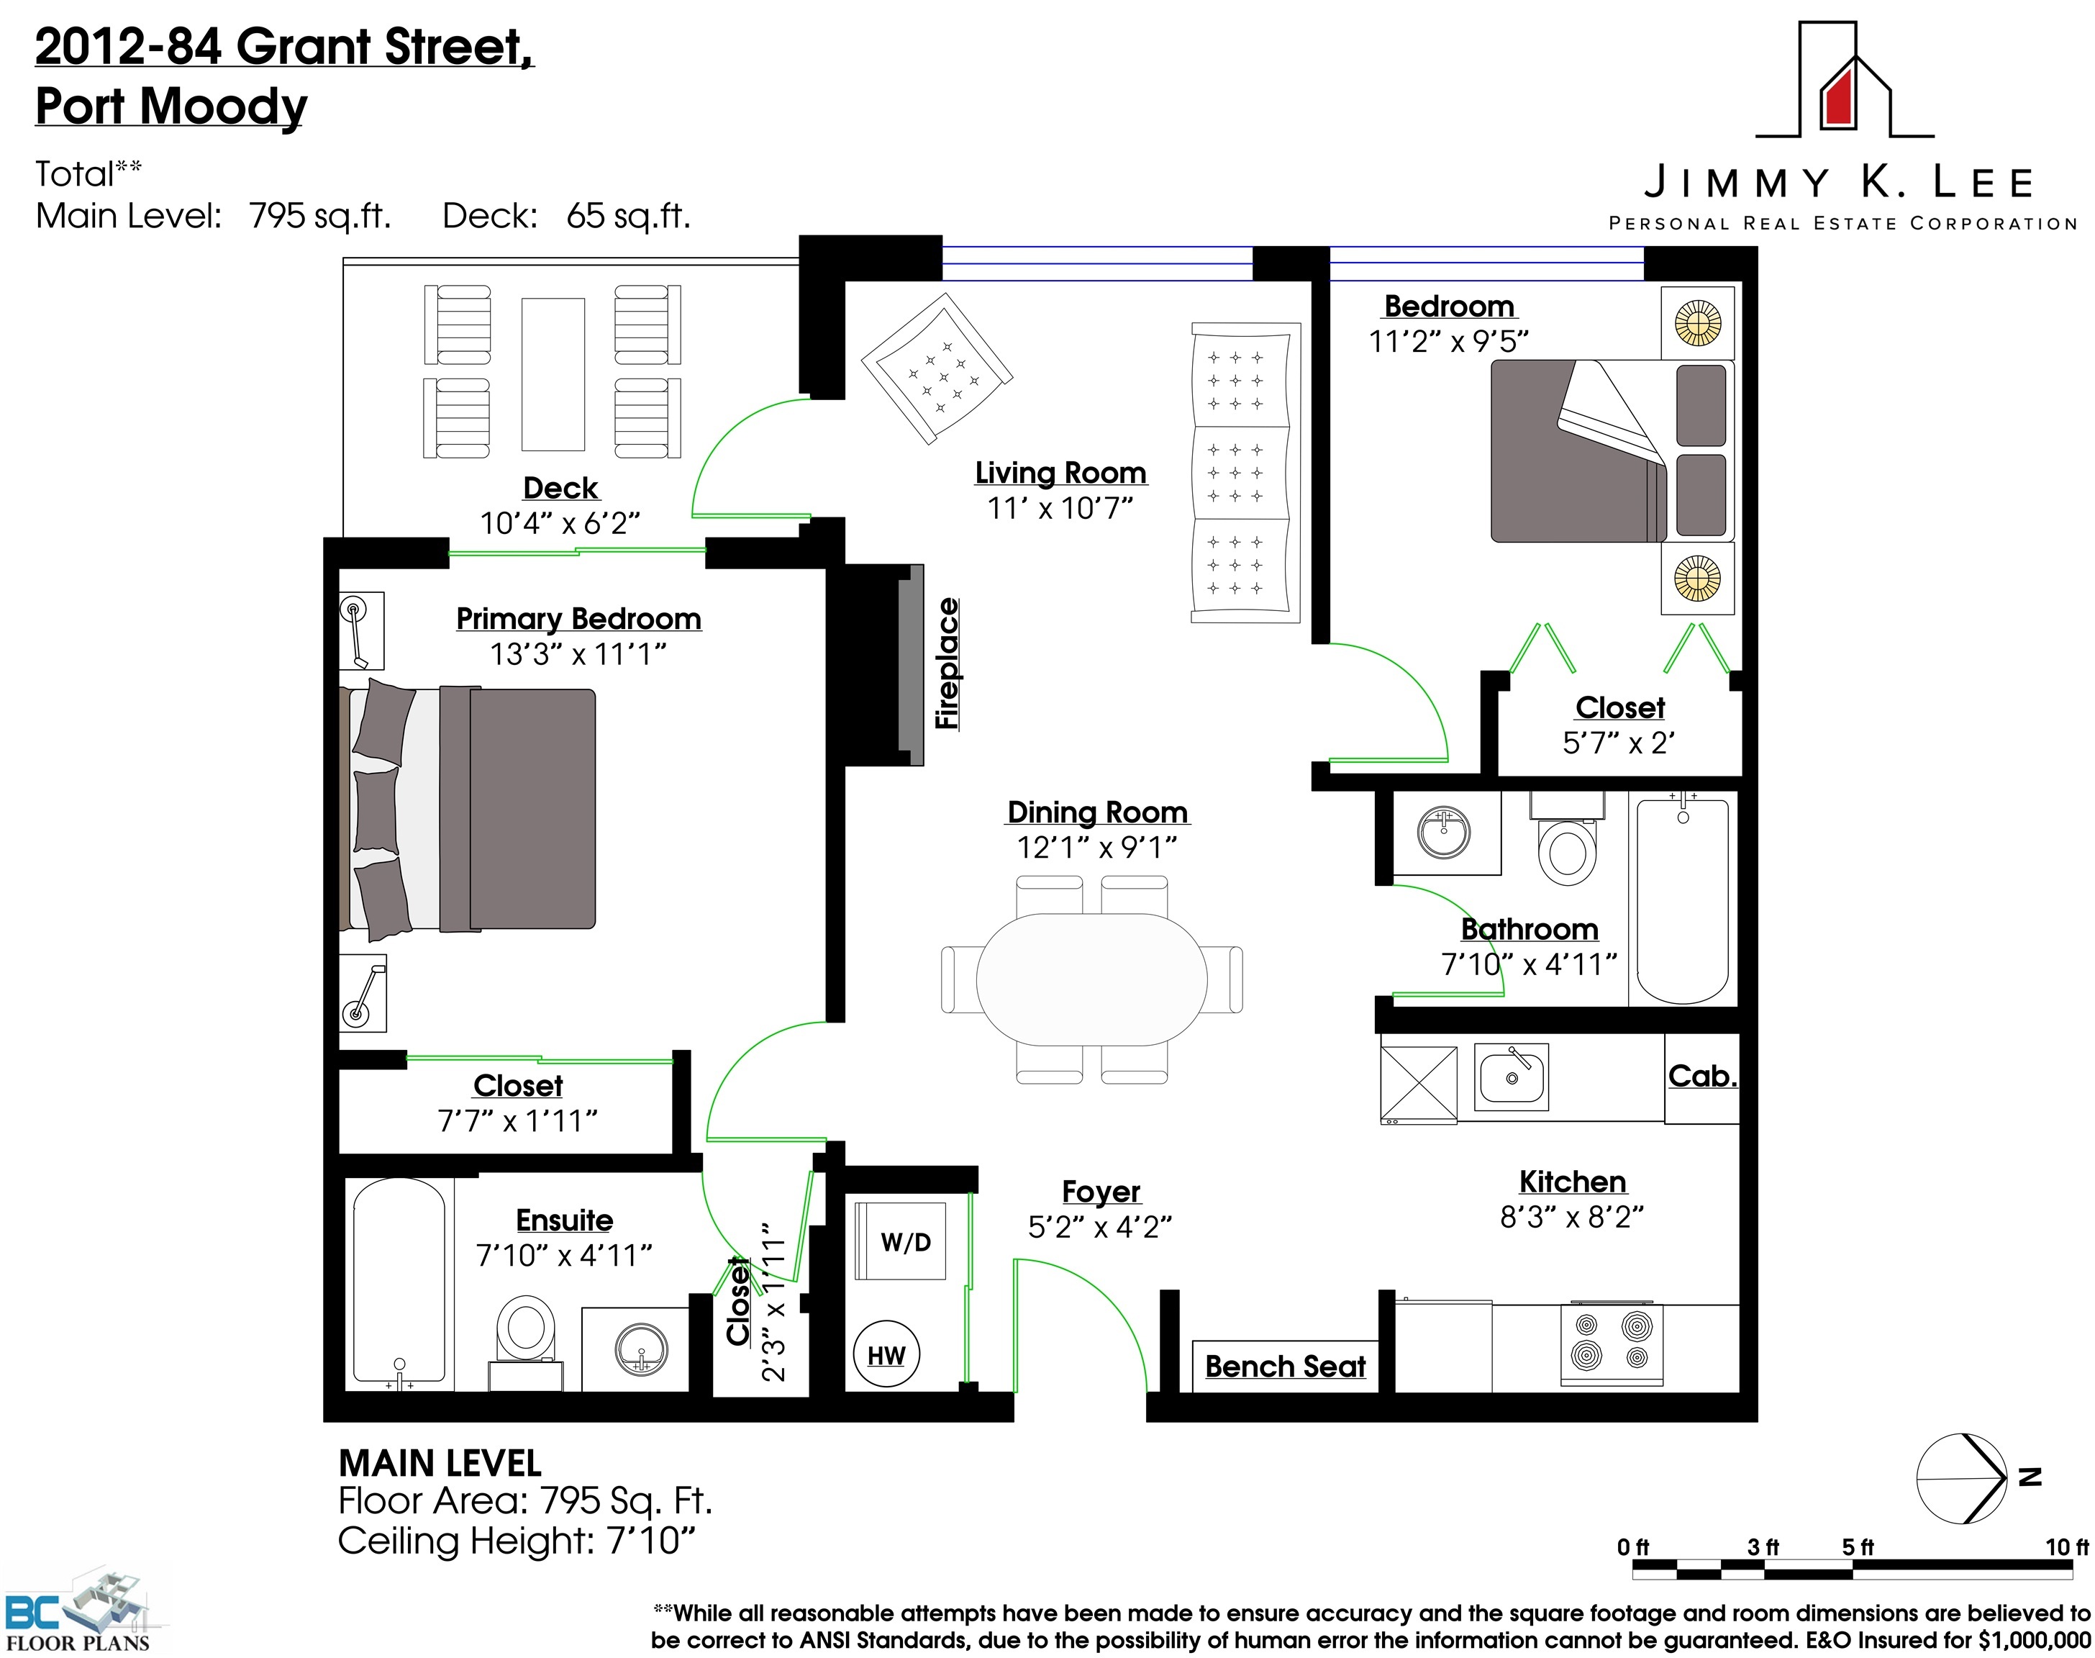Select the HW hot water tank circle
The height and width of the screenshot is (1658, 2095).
coord(886,1354)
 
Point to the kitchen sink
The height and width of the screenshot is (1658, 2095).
coord(1511,1077)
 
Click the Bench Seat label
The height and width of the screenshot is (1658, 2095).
coord(1285,1366)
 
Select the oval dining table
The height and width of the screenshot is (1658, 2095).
coord(1091,979)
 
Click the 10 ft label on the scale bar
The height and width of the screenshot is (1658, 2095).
coord(2067,1546)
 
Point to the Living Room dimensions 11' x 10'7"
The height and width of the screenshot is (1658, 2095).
coord(1060,507)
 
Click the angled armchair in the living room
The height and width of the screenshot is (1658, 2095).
coord(937,369)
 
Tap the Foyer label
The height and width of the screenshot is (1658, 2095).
coord(1101,1192)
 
